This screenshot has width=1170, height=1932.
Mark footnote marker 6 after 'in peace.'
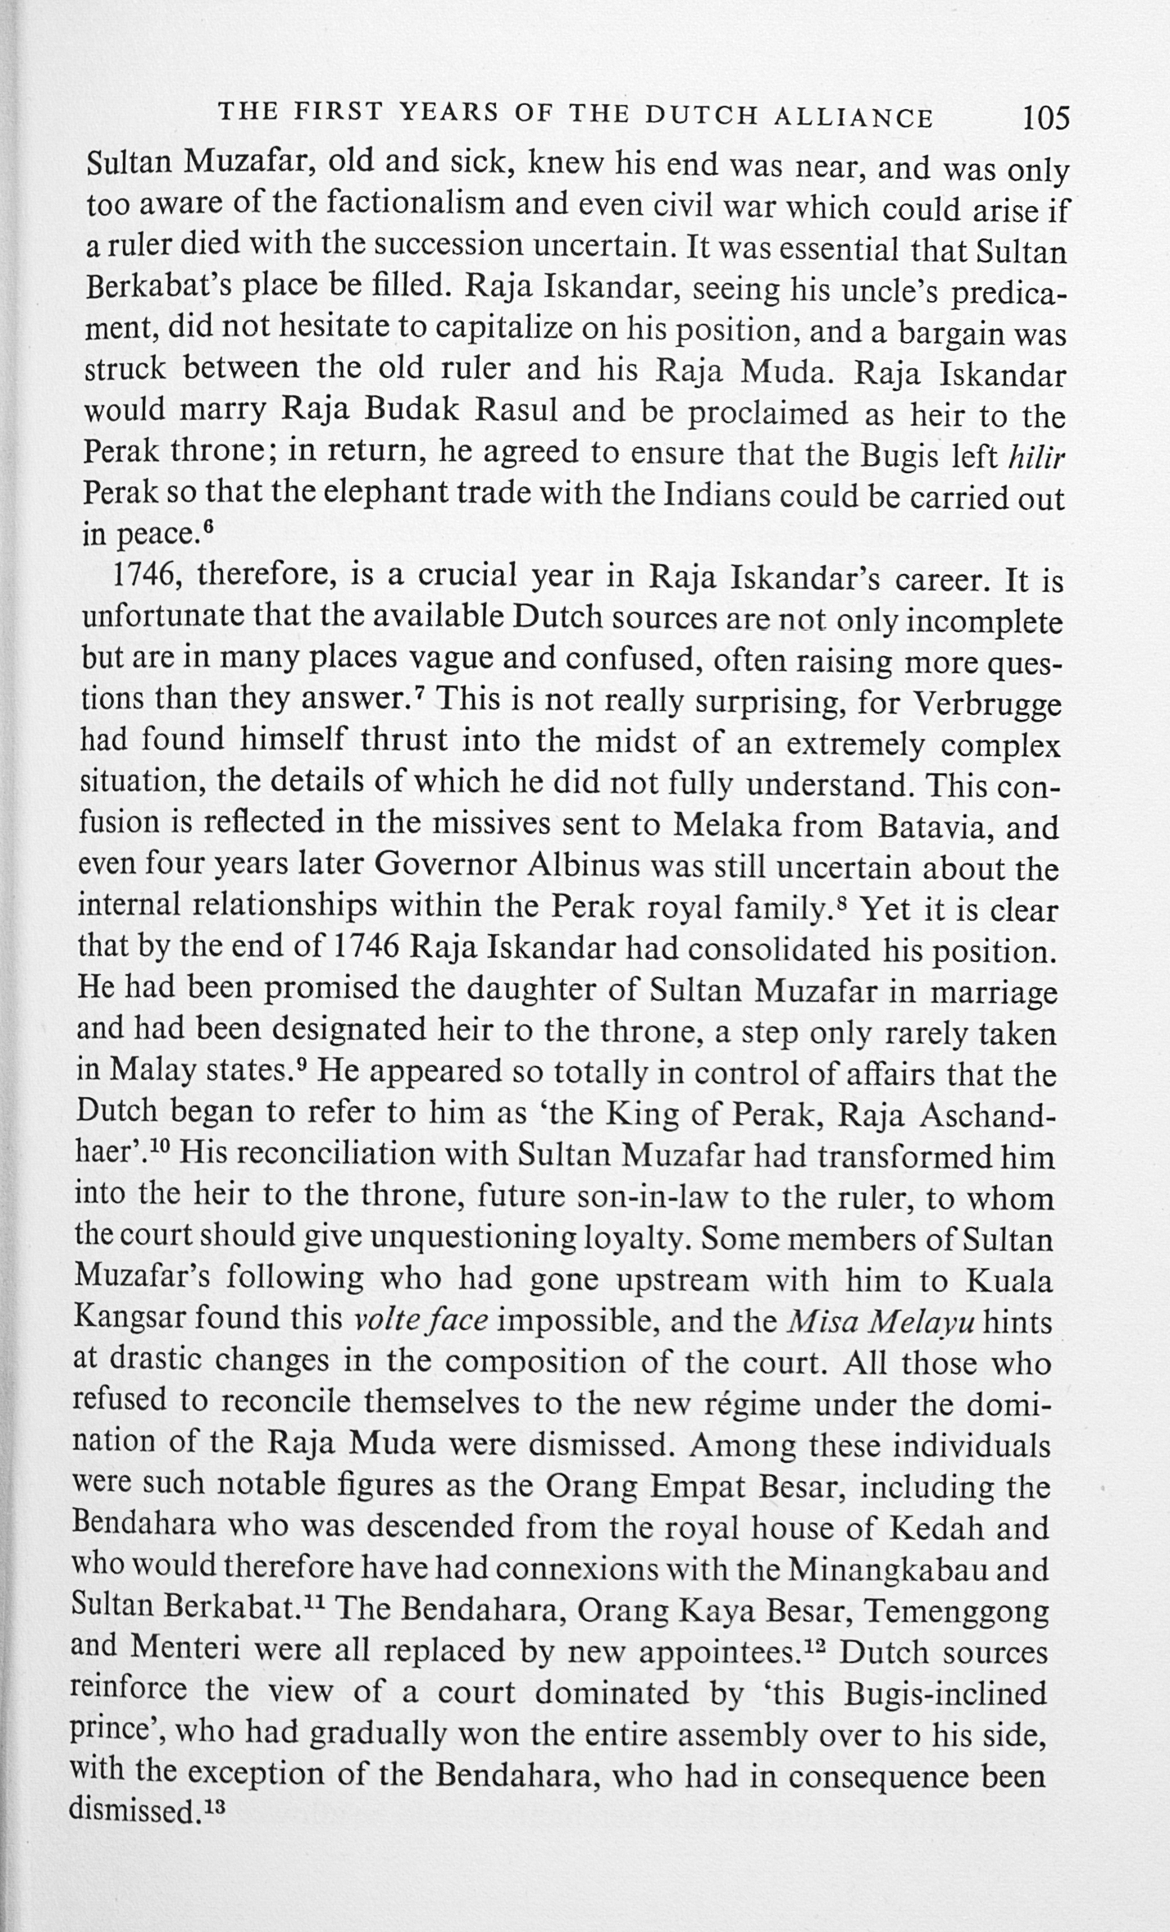pyautogui.click(x=208, y=526)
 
